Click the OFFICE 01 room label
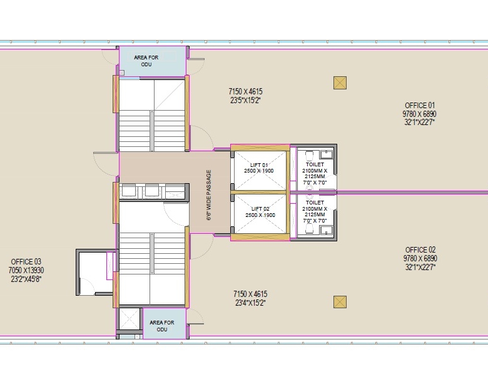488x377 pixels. (420, 106)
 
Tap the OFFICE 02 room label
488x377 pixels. (420, 250)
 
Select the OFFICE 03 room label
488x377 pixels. (26, 261)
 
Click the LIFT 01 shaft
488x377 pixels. (260, 171)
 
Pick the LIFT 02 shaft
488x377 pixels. (260, 214)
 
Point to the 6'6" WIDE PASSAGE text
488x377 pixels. (209, 195)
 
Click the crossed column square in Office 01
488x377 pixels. (340, 83)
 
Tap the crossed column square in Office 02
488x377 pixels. (340, 302)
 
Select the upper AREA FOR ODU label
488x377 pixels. (146, 61)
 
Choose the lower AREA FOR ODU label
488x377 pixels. (162, 326)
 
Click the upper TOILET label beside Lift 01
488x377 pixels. (315, 164)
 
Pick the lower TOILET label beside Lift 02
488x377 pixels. (315, 203)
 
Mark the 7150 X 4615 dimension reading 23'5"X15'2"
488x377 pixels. (245, 96)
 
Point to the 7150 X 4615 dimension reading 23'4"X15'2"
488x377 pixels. (250, 298)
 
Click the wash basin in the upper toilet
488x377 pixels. (326, 154)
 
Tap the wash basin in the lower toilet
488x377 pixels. (326, 230)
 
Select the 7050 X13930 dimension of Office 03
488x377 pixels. (26, 270)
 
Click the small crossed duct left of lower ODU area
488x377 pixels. (129, 318)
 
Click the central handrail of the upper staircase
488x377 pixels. (152, 131)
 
